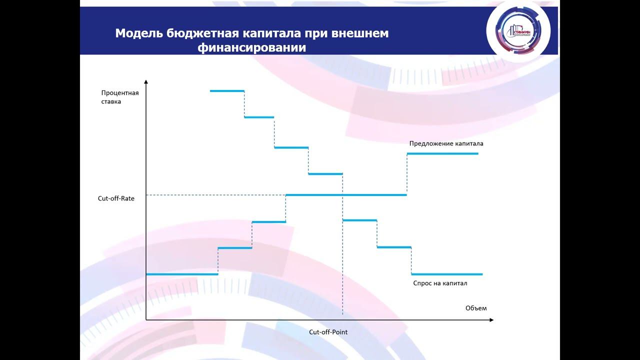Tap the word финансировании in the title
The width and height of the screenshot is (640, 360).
pos(251,48)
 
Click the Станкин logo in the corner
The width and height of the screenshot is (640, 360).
pos(518,32)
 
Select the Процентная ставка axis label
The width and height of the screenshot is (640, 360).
pos(119,97)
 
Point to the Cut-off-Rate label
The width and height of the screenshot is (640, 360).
pos(116,198)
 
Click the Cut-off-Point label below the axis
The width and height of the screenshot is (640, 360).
pos(328,332)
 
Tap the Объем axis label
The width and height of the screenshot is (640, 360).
pos(475,307)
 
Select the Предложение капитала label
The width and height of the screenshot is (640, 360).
pos(446,143)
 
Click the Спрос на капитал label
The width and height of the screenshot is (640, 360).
pos(440,283)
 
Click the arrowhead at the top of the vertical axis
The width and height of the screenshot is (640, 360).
pos(146,81)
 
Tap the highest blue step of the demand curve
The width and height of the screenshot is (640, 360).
pos(227,91)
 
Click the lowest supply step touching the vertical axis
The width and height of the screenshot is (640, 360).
pos(182,274)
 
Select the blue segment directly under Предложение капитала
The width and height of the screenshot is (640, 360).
pos(442,153)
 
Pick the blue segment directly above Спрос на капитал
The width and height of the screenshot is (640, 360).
pos(446,274)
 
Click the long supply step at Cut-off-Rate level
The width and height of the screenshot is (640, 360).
pos(345,194)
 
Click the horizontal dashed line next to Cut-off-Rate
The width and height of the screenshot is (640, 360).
pos(215,194)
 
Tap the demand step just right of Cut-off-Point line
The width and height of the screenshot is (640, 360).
pos(359,220)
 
